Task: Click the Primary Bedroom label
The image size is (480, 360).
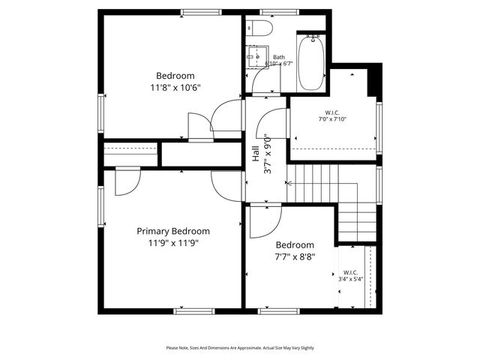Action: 172,231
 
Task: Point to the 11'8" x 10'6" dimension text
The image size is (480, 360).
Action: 175,87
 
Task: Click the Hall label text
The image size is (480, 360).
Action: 256,154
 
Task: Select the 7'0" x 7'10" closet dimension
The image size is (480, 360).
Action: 332,118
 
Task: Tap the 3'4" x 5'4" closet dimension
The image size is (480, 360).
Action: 350,279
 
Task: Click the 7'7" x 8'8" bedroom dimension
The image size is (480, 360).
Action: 295,256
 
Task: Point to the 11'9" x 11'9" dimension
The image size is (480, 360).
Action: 172,242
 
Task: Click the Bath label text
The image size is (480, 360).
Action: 279,57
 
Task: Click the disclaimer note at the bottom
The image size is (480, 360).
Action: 240,348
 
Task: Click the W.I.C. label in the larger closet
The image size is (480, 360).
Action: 332,112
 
